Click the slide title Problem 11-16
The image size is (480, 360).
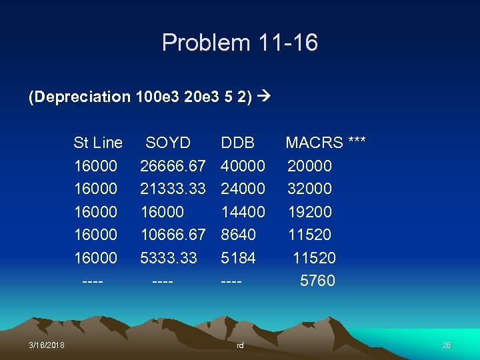coord(240,43)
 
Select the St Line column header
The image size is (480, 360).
coord(98,143)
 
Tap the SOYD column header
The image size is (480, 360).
coord(168,143)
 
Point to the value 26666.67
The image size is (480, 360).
coord(173,165)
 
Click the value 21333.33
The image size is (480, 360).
coord(173,189)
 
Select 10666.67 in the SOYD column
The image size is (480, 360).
coord(173,235)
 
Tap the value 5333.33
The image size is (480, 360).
coord(168,258)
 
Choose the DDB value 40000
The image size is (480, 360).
coord(243,165)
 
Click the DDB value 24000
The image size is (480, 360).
coord(243,189)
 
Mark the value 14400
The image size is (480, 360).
coord(243,212)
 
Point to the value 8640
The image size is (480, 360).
coord(239,235)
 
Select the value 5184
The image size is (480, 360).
coord(239,258)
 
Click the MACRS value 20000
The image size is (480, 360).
coord(309,165)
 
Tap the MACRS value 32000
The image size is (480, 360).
coord(309,189)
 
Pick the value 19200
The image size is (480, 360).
coord(309,212)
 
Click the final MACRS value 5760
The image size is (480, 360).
coord(317,281)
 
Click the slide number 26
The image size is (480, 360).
coord(447,345)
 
